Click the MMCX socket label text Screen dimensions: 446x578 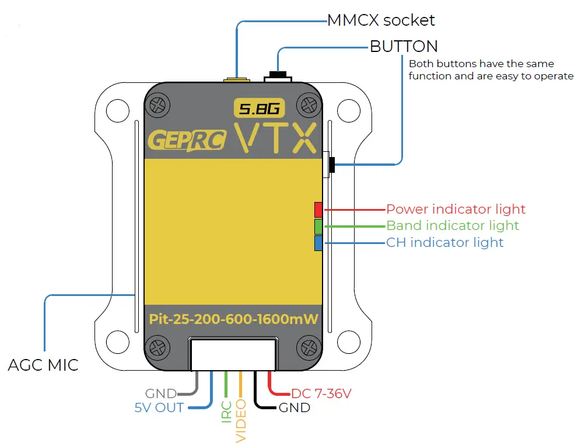click(380, 20)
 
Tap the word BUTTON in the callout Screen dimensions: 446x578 click(404, 46)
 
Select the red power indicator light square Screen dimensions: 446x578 click(318, 210)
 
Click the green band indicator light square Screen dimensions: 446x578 click(318, 226)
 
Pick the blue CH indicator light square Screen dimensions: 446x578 click(318, 242)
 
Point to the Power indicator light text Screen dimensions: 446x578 click(456, 209)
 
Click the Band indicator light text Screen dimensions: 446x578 click(452, 225)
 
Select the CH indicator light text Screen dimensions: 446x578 click(444, 242)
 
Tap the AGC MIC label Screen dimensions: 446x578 click(43, 365)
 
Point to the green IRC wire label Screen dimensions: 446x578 click(226, 412)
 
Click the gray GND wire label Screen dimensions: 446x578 click(160, 394)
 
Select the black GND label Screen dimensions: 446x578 click(294, 407)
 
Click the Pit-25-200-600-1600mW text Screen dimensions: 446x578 click(233, 319)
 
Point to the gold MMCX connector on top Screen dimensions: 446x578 click(236, 79)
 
